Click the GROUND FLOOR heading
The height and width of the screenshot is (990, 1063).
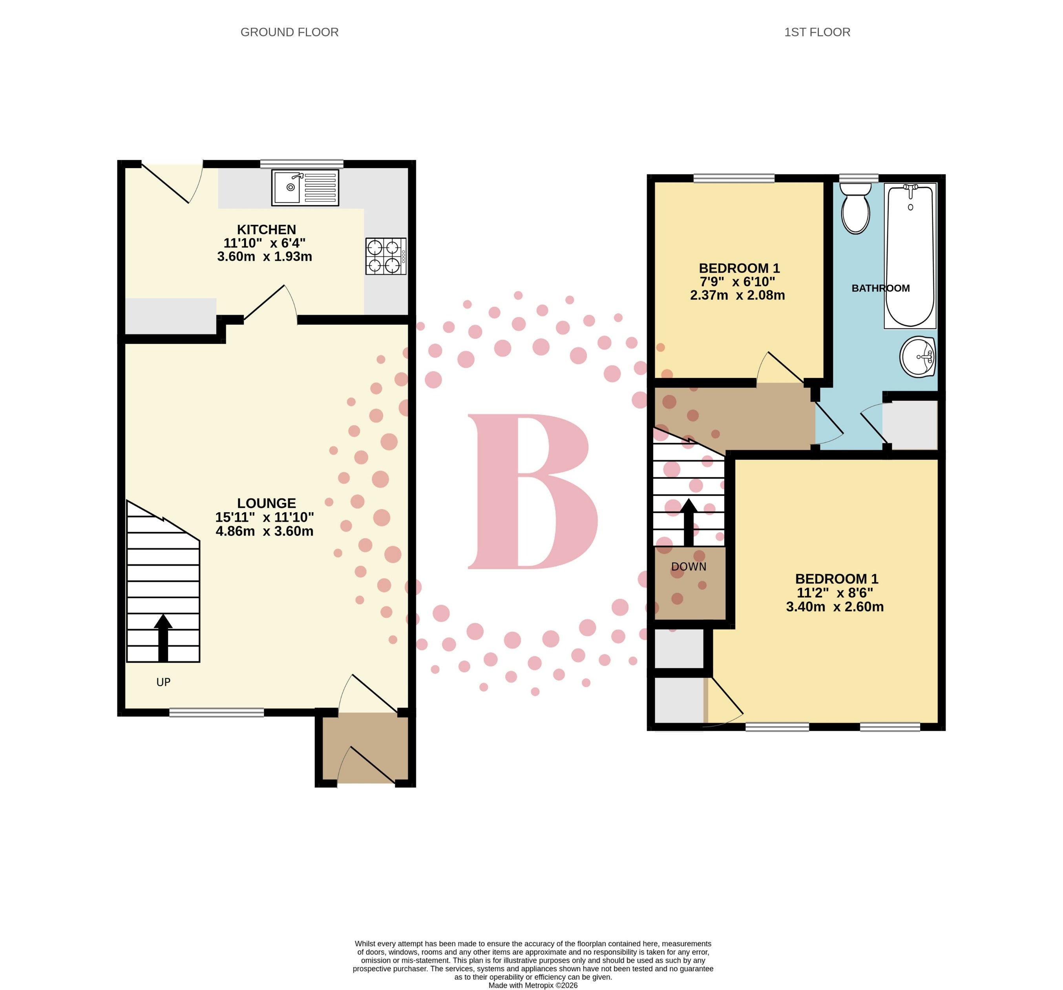tap(289, 32)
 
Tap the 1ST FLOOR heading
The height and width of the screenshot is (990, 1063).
tap(817, 32)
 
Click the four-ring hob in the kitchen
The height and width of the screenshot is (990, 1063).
tap(385, 256)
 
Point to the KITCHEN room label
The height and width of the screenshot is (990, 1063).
tap(266, 229)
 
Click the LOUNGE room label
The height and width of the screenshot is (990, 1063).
tap(266, 503)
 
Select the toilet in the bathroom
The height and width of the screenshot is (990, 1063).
tap(855, 208)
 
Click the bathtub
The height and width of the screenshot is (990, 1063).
tap(910, 256)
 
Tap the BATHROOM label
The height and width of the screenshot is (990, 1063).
tap(880, 288)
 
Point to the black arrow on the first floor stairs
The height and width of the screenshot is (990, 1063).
tap(689, 522)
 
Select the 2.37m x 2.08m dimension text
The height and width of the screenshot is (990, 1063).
tap(737, 295)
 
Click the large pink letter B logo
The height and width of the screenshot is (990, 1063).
tap(533, 491)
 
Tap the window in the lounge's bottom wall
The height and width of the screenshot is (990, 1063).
tap(217, 712)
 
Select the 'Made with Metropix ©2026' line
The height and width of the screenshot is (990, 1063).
tap(533, 985)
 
